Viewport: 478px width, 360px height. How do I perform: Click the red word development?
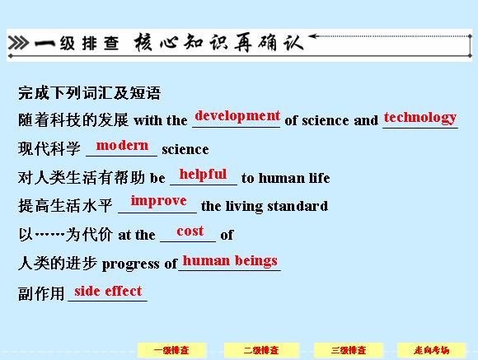point(237,116)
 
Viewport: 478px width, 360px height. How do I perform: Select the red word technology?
point(420,118)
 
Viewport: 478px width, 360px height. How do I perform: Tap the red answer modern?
point(122,146)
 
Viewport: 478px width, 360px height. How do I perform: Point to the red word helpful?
point(203,175)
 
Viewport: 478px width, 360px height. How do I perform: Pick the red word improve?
point(158,201)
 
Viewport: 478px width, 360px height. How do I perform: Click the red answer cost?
point(190,231)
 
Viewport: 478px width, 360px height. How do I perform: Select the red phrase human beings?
point(230,261)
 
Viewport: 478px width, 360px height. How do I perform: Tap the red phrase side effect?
point(108,291)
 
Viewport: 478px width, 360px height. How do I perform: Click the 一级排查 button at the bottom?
point(171,350)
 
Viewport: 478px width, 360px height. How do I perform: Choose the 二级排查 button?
point(261,350)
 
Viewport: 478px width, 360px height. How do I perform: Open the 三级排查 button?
point(348,350)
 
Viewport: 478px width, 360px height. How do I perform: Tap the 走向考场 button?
point(431,350)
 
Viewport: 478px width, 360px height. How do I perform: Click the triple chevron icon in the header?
point(19,42)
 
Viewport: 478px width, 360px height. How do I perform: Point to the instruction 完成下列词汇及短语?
point(89,92)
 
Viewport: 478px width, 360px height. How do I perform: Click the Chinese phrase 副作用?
point(41,294)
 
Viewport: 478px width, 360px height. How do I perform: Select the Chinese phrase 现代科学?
point(49,149)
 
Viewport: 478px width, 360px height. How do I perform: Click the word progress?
point(130,264)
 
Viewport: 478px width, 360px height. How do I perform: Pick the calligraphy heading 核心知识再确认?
point(219,42)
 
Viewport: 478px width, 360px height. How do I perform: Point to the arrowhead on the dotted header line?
point(313,36)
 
